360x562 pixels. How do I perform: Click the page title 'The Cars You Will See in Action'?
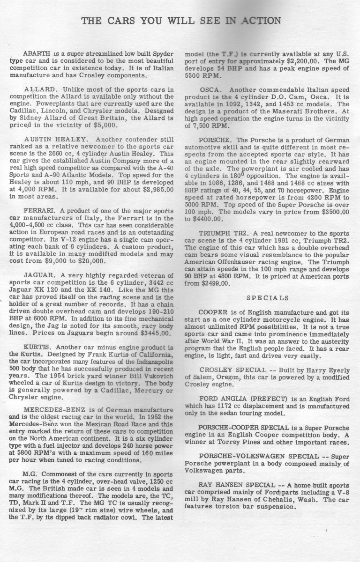[181, 21]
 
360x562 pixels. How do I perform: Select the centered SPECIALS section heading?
[268, 297]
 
